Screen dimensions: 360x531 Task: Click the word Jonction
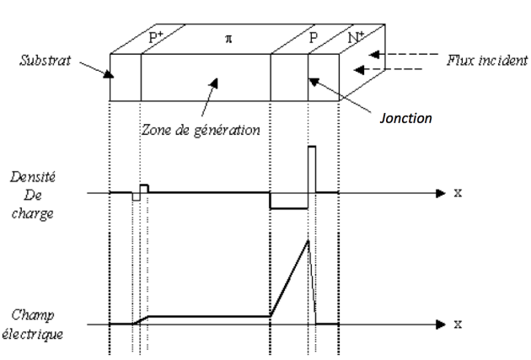(x=404, y=118)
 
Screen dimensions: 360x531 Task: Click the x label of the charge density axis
(x=459, y=193)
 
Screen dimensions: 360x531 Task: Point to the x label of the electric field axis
(x=459, y=324)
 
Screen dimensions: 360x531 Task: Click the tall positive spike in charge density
(x=311, y=169)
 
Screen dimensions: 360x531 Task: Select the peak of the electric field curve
(x=308, y=242)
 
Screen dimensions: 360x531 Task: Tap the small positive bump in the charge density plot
(x=144, y=188)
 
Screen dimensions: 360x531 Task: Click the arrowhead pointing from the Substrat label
(x=108, y=74)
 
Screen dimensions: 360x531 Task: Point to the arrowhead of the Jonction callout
(x=310, y=81)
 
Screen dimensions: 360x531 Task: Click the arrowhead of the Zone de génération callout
(x=216, y=83)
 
